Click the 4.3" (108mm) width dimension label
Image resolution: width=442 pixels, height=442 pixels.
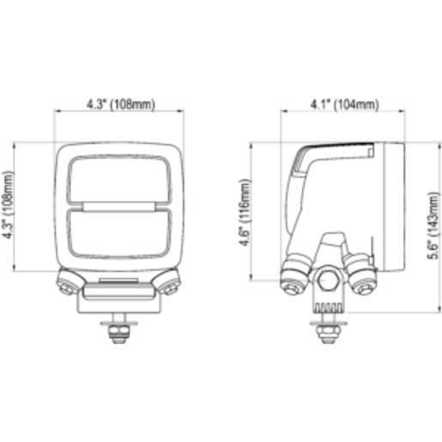click(x=121, y=105)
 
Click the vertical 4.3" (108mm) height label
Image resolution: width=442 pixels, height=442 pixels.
click(x=8, y=205)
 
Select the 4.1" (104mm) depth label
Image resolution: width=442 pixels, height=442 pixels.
click(x=344, y=105)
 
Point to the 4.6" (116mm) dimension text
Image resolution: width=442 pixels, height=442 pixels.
click(x=245, y=212)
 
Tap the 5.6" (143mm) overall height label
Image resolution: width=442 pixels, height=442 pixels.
click(x=433, y=226)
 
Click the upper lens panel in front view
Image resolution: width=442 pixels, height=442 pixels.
click(x=119, y=180)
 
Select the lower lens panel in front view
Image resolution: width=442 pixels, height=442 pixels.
click(x=119, y=233)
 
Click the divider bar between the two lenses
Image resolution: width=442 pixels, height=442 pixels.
click(x=119, y=207)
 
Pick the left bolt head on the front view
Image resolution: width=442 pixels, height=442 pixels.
click(x=67, y=287)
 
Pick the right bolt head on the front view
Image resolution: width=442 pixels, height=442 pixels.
click(x=171, y=287)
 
